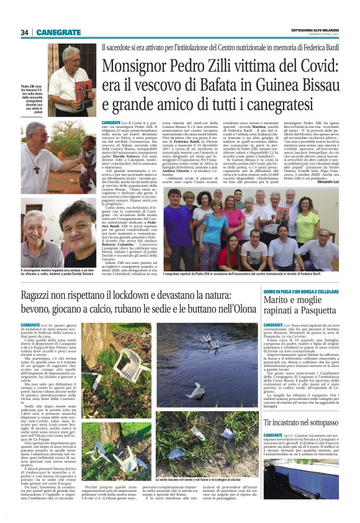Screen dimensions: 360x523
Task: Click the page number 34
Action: pos(24,32)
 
